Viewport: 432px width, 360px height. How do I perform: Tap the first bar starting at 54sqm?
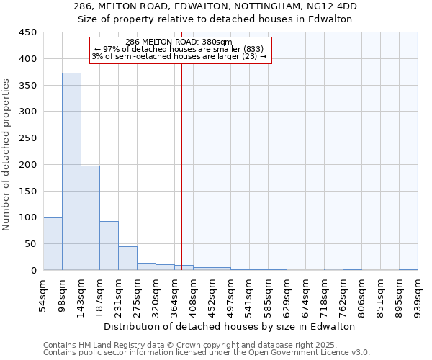pyautogui.click(x=53, y=243)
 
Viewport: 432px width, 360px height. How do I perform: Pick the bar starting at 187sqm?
pyautogui.click(x=109, y=246)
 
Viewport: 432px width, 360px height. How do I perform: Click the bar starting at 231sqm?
pyautogui.click(x=127, y=258)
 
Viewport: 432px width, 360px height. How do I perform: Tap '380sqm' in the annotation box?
pyautogui.click(x=217, y=42)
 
